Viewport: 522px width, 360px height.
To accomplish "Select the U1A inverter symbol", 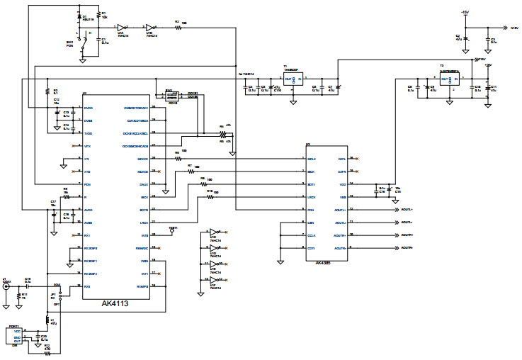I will [122, 28].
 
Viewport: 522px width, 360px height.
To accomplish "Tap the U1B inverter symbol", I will [149, 28].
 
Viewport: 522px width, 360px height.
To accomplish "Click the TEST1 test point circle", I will [171, 232].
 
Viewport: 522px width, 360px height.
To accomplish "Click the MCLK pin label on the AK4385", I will [312, 159].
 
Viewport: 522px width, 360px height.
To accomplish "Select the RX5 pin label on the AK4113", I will [89, 286].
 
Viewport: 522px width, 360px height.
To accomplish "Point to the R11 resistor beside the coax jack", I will [18, 297].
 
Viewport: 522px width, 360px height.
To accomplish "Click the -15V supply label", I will [465, 13].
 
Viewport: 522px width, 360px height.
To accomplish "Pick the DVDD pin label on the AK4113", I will [89, 108].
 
